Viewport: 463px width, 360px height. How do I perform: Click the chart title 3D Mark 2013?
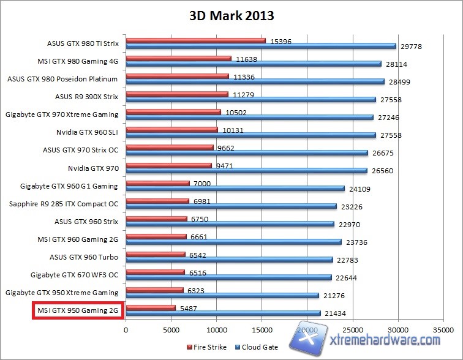click(231, 16)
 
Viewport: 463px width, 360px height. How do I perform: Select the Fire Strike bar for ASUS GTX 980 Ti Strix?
click(196, 41)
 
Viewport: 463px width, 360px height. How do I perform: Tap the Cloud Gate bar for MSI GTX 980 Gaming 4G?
click(254, 63)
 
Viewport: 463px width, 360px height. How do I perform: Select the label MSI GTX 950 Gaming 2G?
click(78, 311)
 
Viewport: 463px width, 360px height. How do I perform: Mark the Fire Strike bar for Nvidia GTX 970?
click(169, 165)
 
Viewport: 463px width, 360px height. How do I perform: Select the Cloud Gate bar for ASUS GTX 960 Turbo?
click(229, 260)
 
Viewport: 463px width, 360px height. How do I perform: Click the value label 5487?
click(188, 309)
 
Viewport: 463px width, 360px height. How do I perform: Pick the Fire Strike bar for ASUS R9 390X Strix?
click(177, 94)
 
